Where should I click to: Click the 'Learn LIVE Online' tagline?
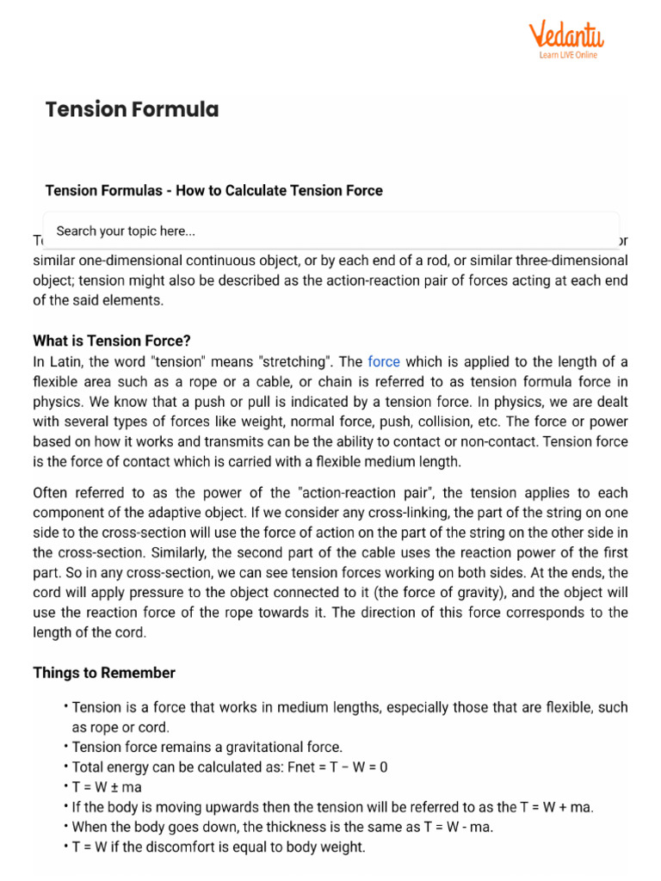click(567, 56)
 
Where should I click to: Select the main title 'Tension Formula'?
click(132, 109)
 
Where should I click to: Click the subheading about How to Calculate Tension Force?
click(213, 190)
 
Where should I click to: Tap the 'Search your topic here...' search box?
click(330, 231)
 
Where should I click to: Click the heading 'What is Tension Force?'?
click(112, 341)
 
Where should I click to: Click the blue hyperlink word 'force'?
click(383, 361)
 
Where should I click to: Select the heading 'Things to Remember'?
click(104, 673)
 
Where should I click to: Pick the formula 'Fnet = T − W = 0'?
click(372, 766)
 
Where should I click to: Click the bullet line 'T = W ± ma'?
click(107, 786)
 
